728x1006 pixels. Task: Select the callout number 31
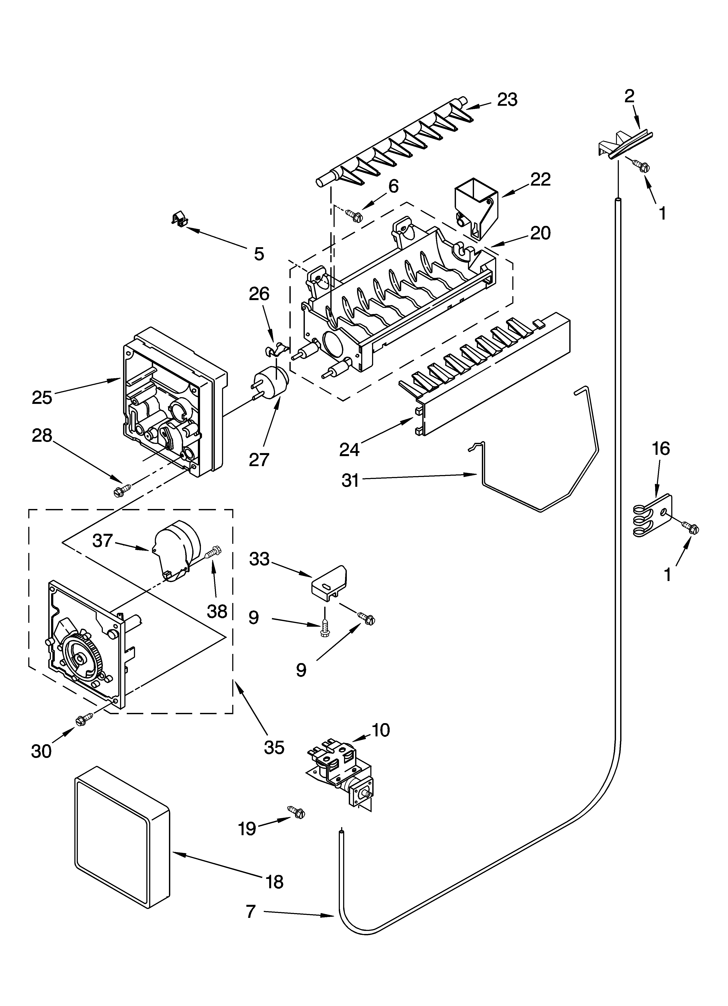coord(350,480)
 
